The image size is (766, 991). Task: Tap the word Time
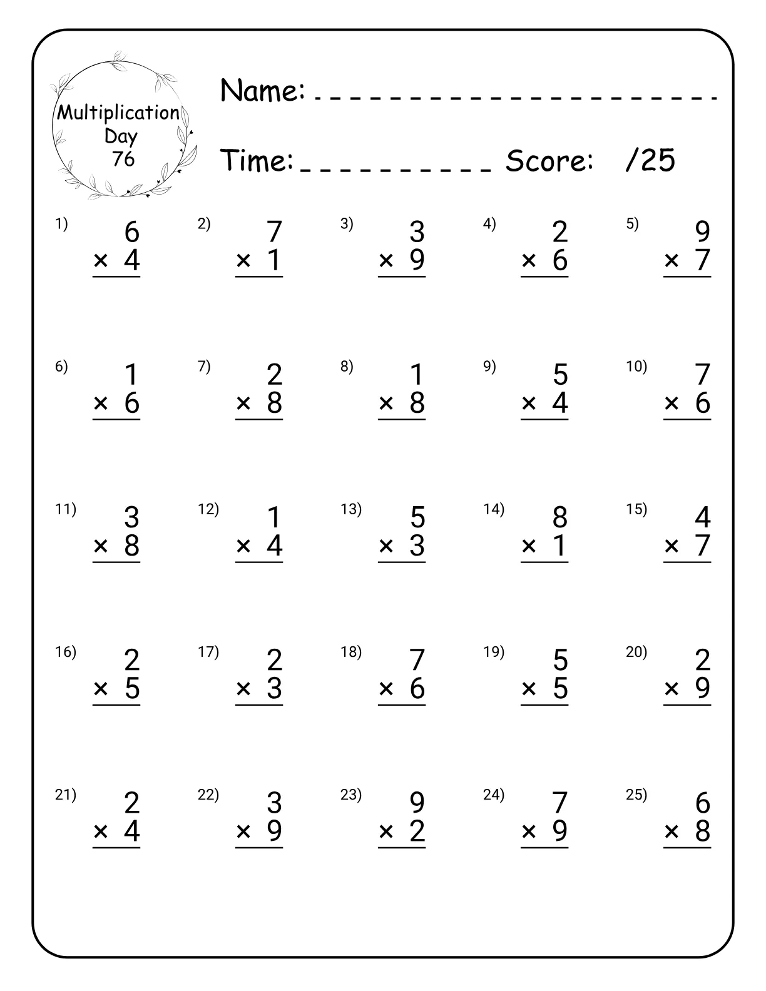(x=257, y=160)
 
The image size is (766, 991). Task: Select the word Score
(x=549, y=161)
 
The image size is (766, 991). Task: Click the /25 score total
(x=650, y=160)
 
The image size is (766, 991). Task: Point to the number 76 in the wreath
(x=123, y=159)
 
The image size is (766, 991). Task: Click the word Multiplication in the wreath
(x=118, y=113)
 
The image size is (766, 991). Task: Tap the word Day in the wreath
(x=121, y=136)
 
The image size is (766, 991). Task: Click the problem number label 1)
(x=61, y=223)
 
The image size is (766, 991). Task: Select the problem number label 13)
(x=351, y=509)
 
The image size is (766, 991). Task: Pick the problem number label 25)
(x=636, y=795)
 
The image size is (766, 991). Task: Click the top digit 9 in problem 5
(x=703, y=232)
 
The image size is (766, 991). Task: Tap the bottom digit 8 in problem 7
(x=274, y=403)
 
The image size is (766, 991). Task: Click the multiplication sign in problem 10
(x=672, y=404)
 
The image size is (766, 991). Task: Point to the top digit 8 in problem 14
(x=559, y=517)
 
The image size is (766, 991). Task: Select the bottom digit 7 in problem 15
(x=703, y=546)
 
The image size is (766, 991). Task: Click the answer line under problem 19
(x=544, y=705)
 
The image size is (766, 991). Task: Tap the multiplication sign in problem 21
(x=101, y=831)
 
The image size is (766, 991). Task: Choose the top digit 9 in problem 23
(x=417, y=803)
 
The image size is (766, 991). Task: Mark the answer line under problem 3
(x=402, y=277)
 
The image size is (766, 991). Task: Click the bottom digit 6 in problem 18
(x=417, y=688)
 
